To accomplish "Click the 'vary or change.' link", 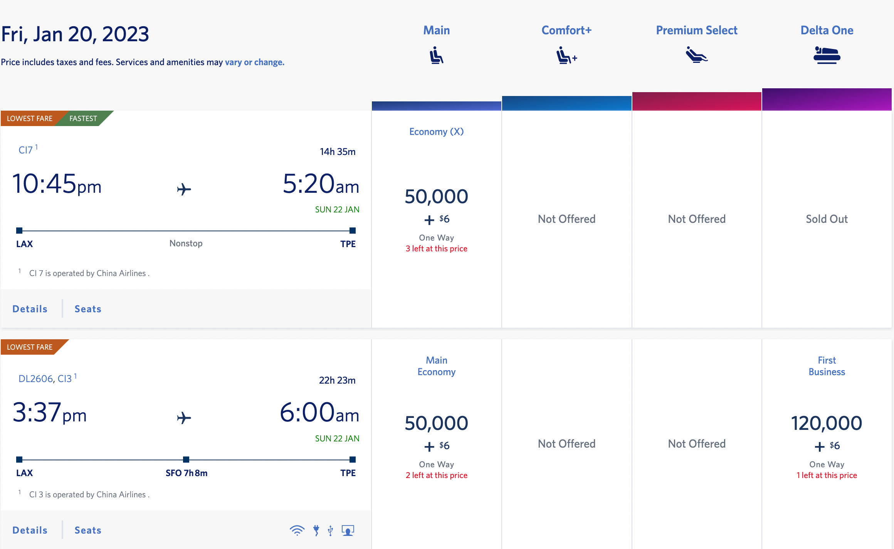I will [254, 62].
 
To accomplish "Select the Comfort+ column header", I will [566, 30].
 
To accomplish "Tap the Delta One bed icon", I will [827, 55].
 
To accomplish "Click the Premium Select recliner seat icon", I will [696, 55].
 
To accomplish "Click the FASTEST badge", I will [83, 118].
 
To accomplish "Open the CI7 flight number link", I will [26, 150].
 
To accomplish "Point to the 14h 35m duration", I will [337, 152].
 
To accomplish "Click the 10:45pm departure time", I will [57, 184].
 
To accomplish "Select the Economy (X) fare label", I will [436, 132].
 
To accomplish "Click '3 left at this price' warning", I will [436, 249].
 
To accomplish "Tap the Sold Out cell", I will [827, 219].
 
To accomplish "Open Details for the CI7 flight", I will [30, 309].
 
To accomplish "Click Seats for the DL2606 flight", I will [88, 530].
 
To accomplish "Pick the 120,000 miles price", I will [827, 423].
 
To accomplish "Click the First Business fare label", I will [827, 366].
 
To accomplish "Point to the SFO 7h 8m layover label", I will [187, 473].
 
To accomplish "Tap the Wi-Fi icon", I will [297, 530].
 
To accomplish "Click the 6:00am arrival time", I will [319, 413].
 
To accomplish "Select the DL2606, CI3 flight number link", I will [45, 379].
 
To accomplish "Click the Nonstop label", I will [186, 243].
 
